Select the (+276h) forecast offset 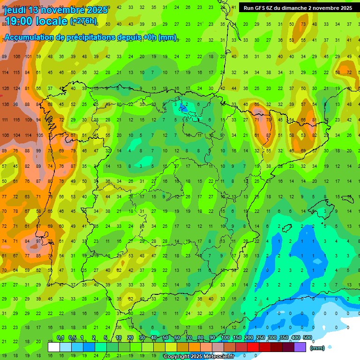pos(83,21)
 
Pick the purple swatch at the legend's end pos(300,347)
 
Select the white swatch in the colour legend pos(54,347)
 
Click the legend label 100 pos(225,338)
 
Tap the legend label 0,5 pos(72,338)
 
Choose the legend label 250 pos(260,338)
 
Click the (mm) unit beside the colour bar pos(317,348)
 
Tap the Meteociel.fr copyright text pos(199,357)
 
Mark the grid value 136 pos(5,104)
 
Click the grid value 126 pos(5,88)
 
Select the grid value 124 pos(16,88)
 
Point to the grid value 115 pos(16,72)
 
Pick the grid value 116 pos(16,120)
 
